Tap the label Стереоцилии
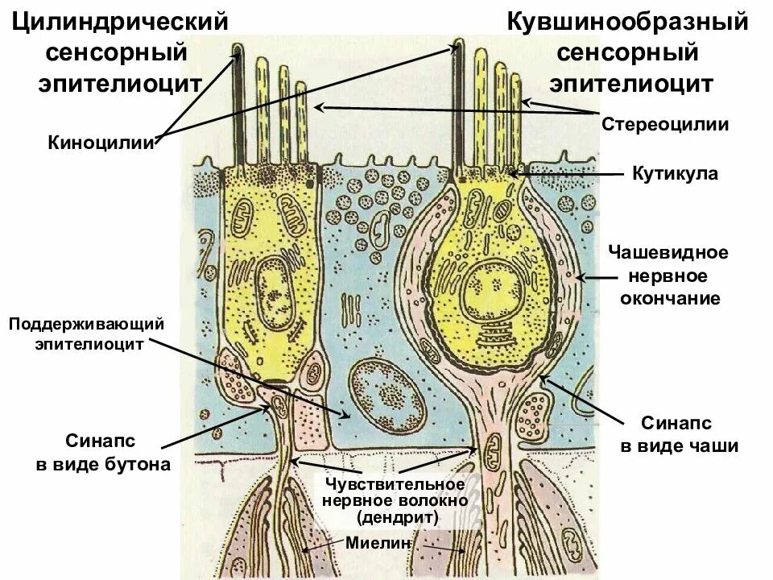click(x=665, y=124)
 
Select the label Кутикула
click(x=675, y=173)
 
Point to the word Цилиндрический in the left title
click(x=118, y=22)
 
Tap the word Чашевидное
click(x=668, y=253)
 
